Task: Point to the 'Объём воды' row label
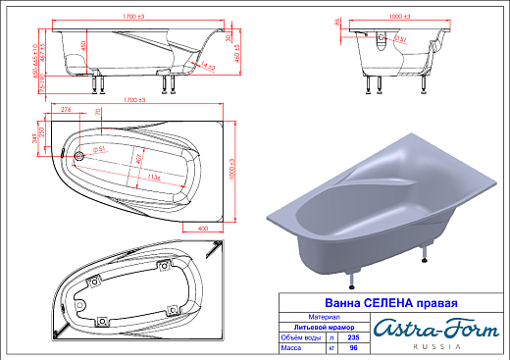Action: (294, 337)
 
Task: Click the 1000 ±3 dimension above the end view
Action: (396, 17)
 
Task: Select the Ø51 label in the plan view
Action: (98, 150)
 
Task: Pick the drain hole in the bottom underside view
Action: (101, 320)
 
